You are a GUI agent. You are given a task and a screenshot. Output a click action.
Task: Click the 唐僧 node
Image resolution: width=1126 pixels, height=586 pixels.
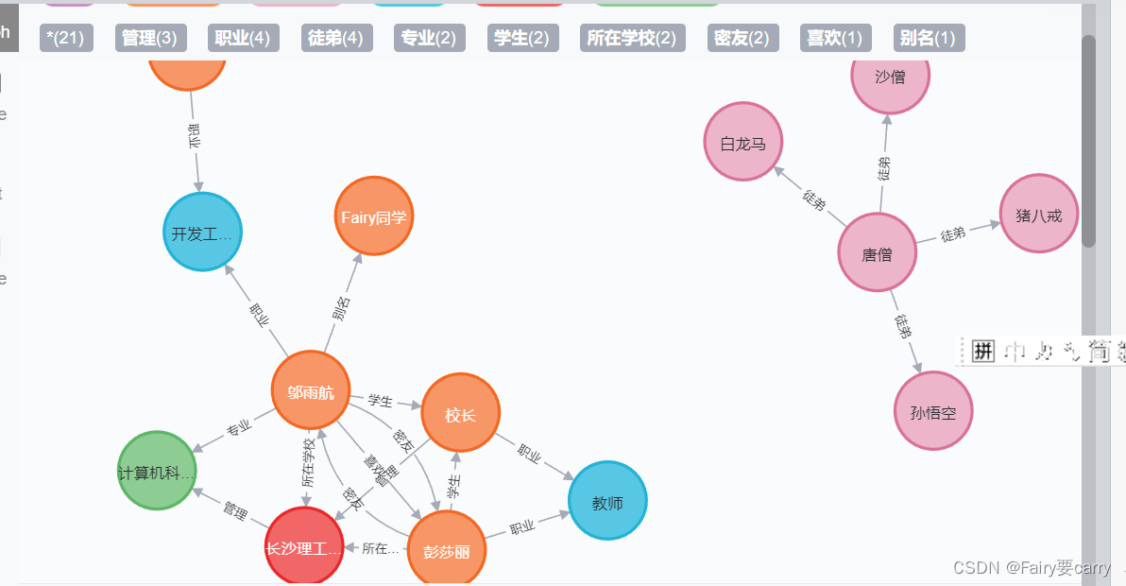(878, 253)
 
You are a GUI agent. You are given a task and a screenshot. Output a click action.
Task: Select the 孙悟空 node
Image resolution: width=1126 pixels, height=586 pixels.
(933, 411)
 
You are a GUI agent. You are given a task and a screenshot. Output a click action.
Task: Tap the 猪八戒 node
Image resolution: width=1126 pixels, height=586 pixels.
(1038, 215)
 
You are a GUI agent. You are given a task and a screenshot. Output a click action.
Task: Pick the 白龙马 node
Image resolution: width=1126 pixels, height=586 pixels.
(743, 143)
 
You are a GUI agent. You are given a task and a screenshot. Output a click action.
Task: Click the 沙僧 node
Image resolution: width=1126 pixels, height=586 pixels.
(890, 77)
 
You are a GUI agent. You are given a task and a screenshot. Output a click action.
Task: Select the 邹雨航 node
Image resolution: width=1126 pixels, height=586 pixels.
(311, 390)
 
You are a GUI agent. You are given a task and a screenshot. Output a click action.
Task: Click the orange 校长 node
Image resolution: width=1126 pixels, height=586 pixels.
(460, 413)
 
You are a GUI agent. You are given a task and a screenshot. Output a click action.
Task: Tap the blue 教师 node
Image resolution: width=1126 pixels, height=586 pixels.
(607, 502)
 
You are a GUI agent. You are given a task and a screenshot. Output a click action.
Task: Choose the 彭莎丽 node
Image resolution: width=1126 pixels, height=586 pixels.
(446, 550)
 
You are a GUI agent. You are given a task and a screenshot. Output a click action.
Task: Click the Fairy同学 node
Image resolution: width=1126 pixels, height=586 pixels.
(374, 216)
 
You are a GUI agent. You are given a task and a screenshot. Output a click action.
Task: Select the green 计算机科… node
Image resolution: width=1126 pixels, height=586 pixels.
(158, 471)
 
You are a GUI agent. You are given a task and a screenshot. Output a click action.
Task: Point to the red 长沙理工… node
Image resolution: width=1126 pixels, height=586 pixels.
(303, 546)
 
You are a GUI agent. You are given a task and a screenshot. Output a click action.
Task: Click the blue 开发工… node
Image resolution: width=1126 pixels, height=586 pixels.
(203, 233)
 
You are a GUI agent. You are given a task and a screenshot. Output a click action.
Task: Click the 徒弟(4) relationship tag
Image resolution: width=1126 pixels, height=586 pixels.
(335, 38)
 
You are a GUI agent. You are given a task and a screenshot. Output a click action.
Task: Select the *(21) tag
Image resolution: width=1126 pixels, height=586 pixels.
(66, 38)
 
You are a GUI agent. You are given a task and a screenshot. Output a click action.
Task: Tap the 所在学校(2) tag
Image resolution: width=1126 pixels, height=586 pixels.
(631, 38)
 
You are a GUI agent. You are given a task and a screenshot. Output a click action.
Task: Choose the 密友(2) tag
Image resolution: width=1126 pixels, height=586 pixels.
(743, 38)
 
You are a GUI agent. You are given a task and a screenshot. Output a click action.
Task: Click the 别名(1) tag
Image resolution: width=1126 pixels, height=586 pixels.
(929, 38)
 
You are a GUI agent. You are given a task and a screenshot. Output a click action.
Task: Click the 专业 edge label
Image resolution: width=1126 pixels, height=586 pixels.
(239, 429)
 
